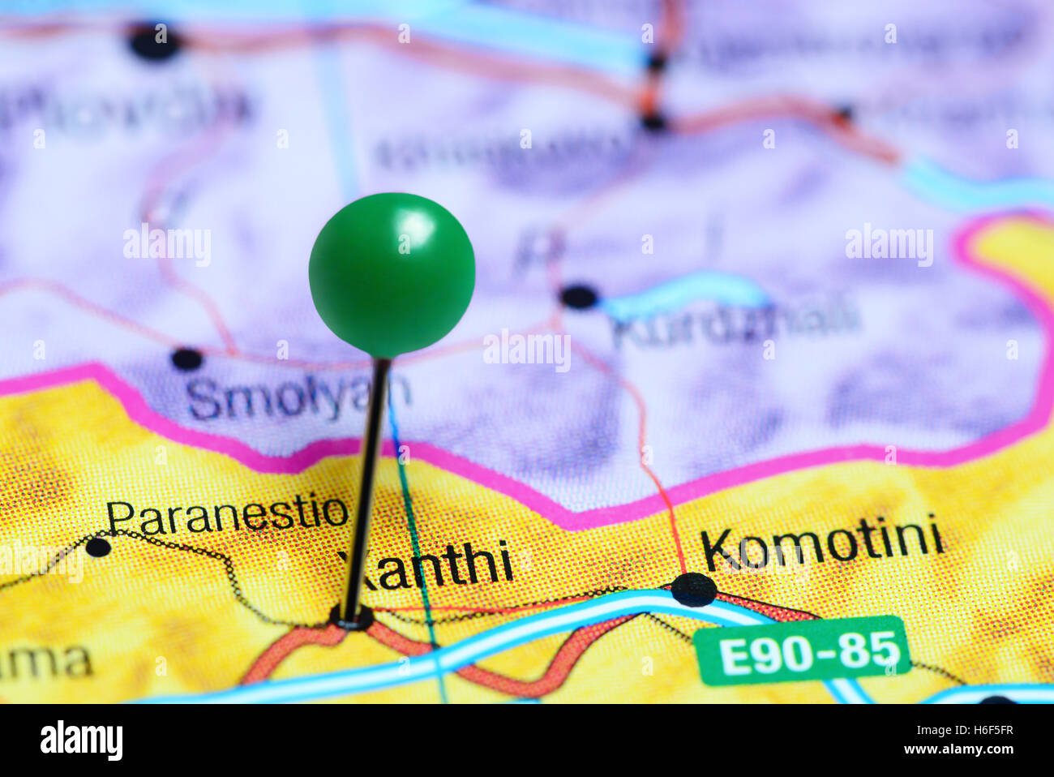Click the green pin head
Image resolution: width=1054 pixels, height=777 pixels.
pos(392,276)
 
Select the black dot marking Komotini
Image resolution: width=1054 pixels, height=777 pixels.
pos(694,590)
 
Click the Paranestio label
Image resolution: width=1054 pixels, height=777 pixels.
pos(227,514)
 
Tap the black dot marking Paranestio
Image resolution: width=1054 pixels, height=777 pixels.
pos(98,547)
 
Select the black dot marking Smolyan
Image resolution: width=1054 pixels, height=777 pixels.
pos(186,358)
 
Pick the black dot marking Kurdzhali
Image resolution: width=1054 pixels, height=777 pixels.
pos(579,296)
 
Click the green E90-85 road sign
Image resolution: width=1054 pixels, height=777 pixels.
pos(801,650)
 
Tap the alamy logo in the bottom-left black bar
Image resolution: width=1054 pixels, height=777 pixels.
pos(81,741)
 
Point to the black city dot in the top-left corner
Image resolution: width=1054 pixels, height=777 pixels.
pos(154,41)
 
